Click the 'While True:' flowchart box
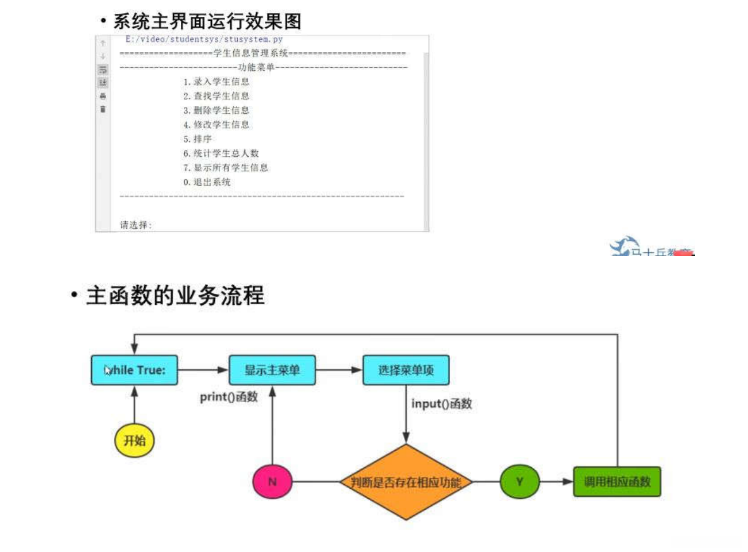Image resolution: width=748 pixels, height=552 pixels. [135, 370]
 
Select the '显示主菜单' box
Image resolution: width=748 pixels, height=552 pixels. [272, 370]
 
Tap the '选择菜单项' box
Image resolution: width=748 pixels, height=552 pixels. [406, 370]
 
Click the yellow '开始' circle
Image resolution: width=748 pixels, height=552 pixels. [135, 440]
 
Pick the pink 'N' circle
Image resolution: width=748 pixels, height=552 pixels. [272, 482]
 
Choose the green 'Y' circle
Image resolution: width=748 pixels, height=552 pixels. [520, 482]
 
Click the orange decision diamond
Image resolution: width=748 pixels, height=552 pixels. [406, 482]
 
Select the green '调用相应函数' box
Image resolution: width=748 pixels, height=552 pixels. [617, 482]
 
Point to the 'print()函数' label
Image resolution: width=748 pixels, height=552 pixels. [229, 398]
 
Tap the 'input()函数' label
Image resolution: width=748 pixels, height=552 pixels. [441, 403]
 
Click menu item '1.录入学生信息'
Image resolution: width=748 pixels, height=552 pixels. [216, 82]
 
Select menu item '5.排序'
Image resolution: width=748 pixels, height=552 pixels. [197, 139]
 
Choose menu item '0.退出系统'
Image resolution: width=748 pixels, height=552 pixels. [207, 182]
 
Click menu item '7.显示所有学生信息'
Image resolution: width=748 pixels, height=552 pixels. [226, 168]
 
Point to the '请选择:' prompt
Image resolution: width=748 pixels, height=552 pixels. [136, 224]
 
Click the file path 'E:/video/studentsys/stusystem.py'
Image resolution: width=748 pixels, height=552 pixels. [204, 40]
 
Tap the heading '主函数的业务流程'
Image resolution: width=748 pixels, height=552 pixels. [175, 296]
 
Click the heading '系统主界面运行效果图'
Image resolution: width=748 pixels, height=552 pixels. [207, 21]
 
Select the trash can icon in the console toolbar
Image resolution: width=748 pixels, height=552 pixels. [103, 109]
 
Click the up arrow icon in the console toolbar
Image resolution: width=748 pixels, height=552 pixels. [103, 43]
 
